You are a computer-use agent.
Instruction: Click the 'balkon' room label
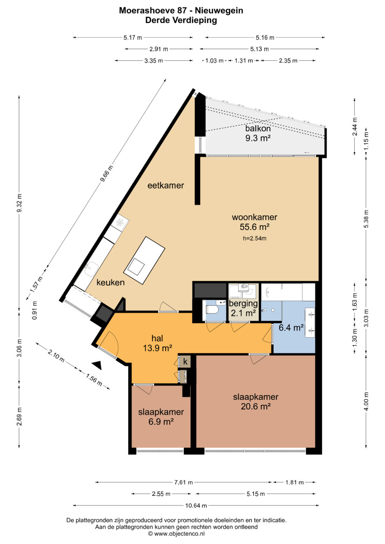coord(258,128)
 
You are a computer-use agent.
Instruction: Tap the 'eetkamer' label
coord(166,185)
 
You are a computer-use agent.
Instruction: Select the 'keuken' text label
coord(111,282)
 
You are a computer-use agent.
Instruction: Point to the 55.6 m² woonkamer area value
coord(255,227)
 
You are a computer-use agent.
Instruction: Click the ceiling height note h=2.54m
coord(255,238)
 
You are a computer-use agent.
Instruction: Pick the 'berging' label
coord(243,303)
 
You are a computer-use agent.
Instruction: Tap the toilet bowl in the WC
coord(211,310)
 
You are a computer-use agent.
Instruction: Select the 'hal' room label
coord(157,338)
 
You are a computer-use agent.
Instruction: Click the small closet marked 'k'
coord(185,362)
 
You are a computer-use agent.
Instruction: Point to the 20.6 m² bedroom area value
coord(256,406)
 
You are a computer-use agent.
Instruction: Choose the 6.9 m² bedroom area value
coord(161,421)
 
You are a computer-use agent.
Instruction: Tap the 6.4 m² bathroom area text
coord(291,328)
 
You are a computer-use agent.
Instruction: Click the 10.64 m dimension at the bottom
coord(196,506)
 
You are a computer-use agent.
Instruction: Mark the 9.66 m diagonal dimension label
coord(107,173)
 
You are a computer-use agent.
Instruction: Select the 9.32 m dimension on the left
coord(19,203)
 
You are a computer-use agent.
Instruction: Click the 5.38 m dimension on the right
coord(366,219)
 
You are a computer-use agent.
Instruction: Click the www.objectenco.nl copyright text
coord(176,534)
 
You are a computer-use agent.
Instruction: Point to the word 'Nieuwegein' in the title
coord(219,10)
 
